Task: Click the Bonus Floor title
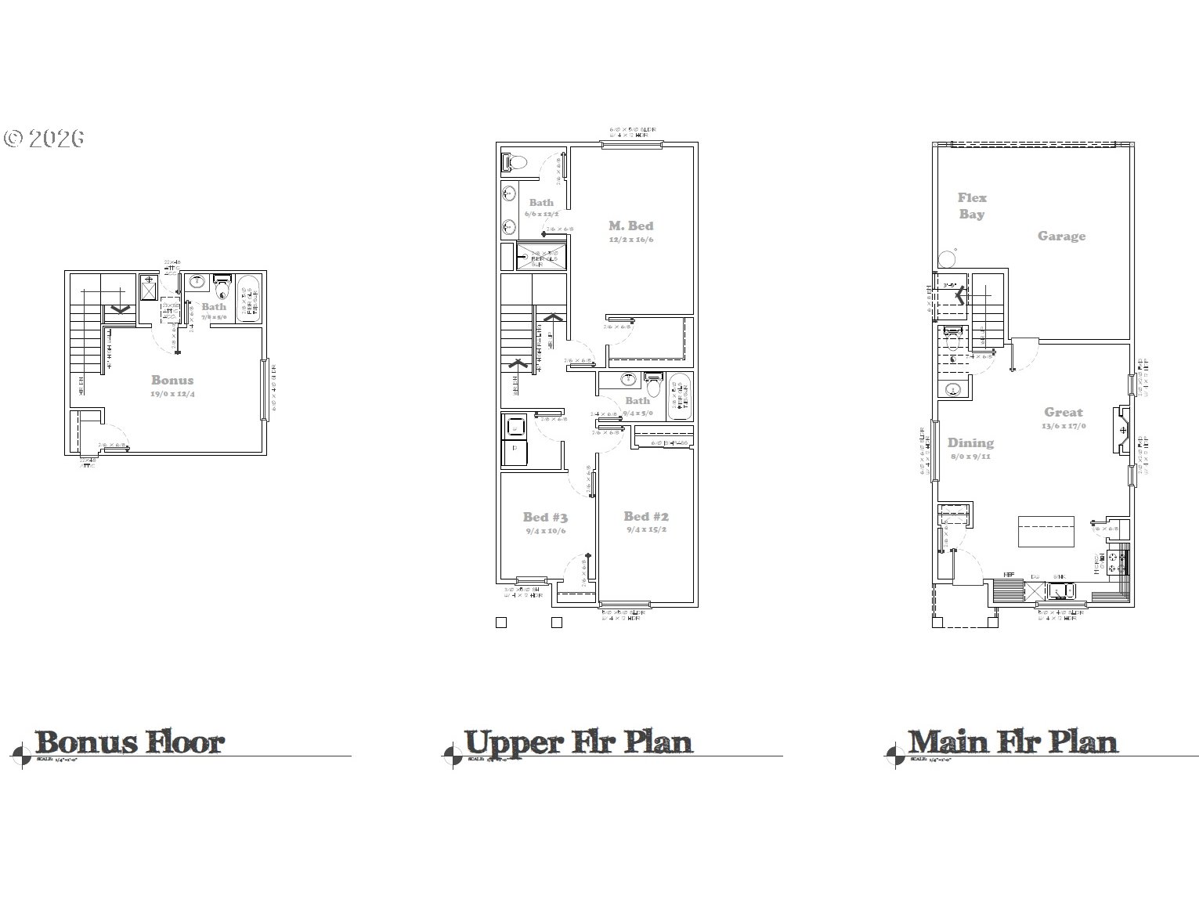(x=129, y=742)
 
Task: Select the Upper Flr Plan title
(x=578, y=742)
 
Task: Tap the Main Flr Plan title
(x=1012, y=742)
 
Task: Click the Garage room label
(x=1061, y=236)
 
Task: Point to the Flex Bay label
(x=972, y=206)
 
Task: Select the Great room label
(x=1063, y=412)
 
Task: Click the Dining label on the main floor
(x=970, y=442)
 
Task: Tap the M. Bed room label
(x=630, y=226)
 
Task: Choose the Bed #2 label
(x=646, y=516)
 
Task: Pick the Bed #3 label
(x=545, y=517)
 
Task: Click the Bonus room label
(x=172, y=380)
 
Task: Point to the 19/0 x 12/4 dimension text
(x=172, y=394)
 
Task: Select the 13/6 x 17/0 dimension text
(x=1064, y=426)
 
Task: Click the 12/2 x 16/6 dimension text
(x=630, y=240)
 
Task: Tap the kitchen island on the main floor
(x=1046, y=532)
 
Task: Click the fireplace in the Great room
(x=1123, y=430)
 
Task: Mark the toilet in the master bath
(x=515, y=162)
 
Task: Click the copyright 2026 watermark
(x=44, y=139)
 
